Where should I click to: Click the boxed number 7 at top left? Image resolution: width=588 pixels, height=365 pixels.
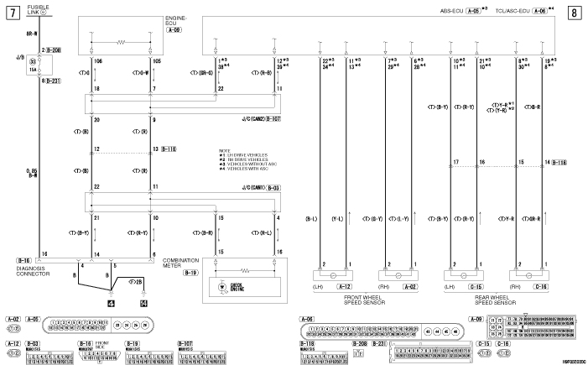click(x=10, y=13)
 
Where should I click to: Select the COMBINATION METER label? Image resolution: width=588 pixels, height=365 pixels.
click(x=180, y=263)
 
